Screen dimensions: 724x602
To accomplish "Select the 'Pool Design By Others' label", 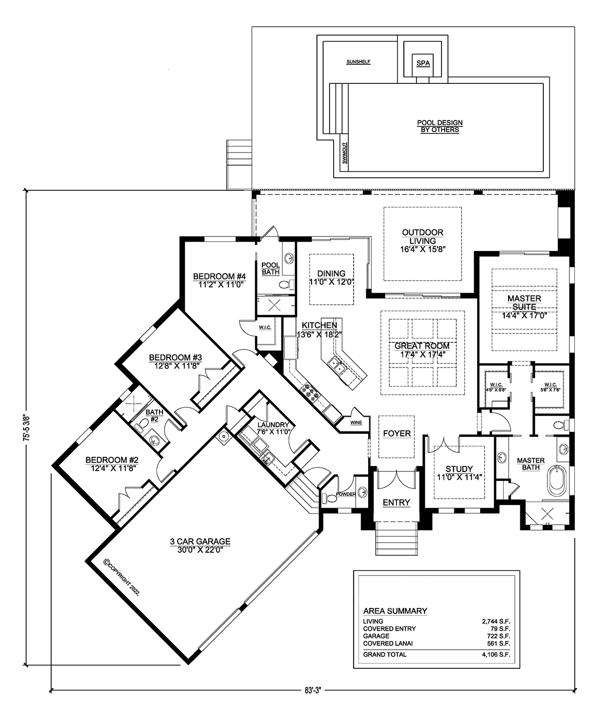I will (x=439, y=126).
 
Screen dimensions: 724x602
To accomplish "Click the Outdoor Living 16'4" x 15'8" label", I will (x=422, y=240).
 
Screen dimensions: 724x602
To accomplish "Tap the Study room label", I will (x=460, y=473).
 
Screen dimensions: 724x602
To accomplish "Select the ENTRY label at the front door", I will (x=396, y=502).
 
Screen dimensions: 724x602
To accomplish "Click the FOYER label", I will (x=396, y=433).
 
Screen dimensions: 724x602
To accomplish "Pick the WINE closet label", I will (x=356, y=423).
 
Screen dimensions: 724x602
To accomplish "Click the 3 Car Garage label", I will (x=200, y=545).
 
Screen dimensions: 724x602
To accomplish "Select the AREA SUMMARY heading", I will (x=395, y=611).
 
